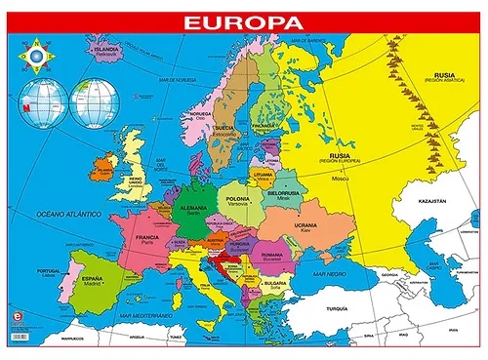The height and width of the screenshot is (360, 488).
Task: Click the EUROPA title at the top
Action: click(x=243, y=20)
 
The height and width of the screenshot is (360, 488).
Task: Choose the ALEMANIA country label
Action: click(x=195, y=209)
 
